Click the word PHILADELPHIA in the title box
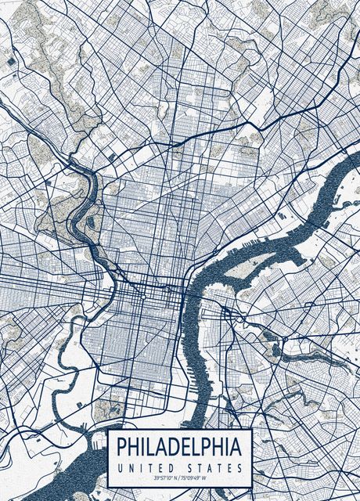(x=179, y=447)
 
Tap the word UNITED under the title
(x=145, y=467)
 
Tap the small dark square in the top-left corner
(x=11, y=59)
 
